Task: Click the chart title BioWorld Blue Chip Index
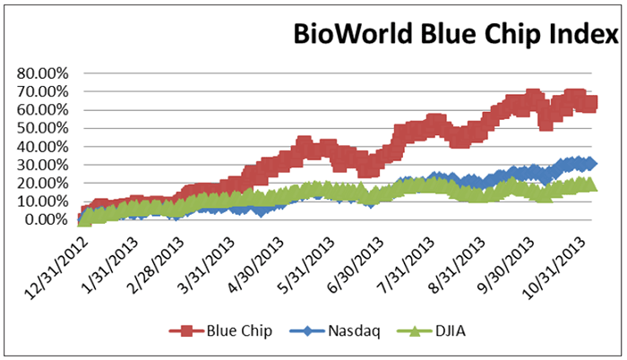(x=457, y=38)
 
